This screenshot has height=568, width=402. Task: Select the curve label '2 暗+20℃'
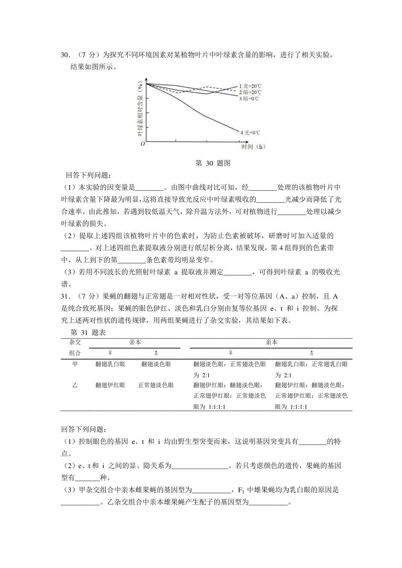click(250, 92)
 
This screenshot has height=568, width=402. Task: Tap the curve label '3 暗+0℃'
click(249, 99)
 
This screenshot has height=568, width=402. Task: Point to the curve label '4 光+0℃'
click(250, 133)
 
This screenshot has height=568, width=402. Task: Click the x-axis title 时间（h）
click(254, 147)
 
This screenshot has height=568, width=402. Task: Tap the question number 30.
click(65, 55)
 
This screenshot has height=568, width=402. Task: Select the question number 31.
click(65, 296)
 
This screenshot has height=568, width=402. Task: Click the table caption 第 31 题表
click(88, 333)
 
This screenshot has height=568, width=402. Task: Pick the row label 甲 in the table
click(75, 364)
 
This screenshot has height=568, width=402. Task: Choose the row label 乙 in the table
click(75, 385)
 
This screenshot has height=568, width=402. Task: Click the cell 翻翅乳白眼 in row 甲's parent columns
click(110, 364)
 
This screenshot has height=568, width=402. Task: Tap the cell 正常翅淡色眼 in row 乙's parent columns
click(156, 385)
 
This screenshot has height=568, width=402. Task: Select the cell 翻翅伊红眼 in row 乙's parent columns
click(110, 385)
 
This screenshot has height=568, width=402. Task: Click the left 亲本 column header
click(135, 343)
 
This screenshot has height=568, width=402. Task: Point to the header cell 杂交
click(75, 343)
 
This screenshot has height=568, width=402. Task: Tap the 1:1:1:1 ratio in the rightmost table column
click(299, 407)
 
